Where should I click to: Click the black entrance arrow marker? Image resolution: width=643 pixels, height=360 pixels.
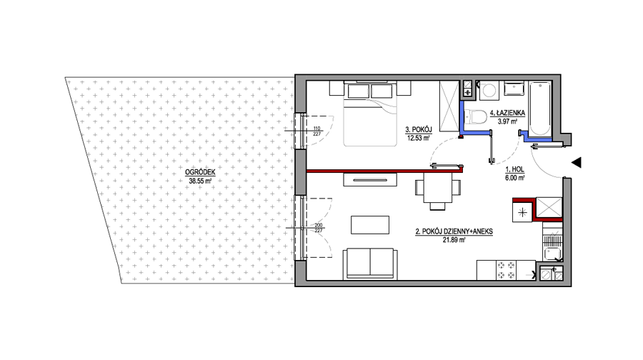click(x=577, y=163)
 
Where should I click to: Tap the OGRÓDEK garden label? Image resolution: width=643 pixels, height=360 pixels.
click(x=200, y=173)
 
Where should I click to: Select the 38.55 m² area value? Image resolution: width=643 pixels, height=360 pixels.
click(x=200, y=181)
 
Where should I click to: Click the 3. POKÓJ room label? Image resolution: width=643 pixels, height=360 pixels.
click(x=419, y=130)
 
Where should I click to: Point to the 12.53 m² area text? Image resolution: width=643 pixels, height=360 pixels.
click(x=418, y=138)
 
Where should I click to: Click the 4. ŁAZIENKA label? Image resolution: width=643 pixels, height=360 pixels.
click(x=507, y=113)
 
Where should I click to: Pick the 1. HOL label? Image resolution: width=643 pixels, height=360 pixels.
click(x=514, y=169)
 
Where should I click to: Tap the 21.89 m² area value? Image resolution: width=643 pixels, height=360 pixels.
click(x=454, y=240)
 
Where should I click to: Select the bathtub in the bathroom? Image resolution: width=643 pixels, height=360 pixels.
click(x=539, y=109)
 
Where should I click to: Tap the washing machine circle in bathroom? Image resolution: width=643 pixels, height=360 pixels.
click(x=489, y=90)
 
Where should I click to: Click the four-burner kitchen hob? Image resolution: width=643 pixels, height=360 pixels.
click(x=506, y=270)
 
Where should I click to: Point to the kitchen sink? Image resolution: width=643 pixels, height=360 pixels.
click(x=552, y=253)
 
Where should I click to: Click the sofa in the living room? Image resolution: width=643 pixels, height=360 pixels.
click(x=371, y=264)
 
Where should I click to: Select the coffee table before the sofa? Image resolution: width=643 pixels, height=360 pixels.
click(x=370, y=225)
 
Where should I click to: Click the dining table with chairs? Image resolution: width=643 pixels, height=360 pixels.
click(x=438, y=191)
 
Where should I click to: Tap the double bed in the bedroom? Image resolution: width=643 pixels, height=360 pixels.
click(x=370, y=114)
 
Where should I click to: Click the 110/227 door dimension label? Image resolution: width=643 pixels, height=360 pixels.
click(x=316, y=131)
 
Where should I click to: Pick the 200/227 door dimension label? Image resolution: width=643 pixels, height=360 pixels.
click(x=319, y=228)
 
